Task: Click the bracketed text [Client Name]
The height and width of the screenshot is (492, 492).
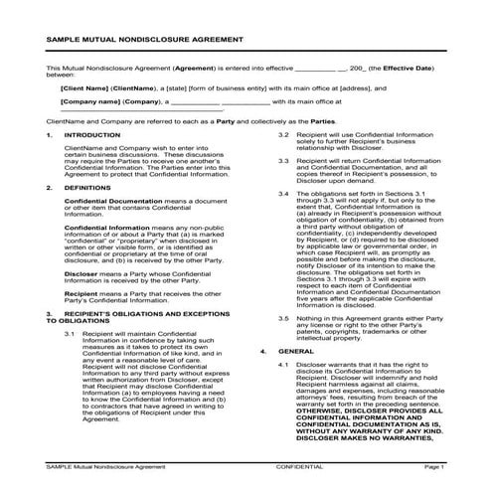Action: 58,87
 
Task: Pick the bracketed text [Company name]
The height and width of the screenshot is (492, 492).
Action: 62,101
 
